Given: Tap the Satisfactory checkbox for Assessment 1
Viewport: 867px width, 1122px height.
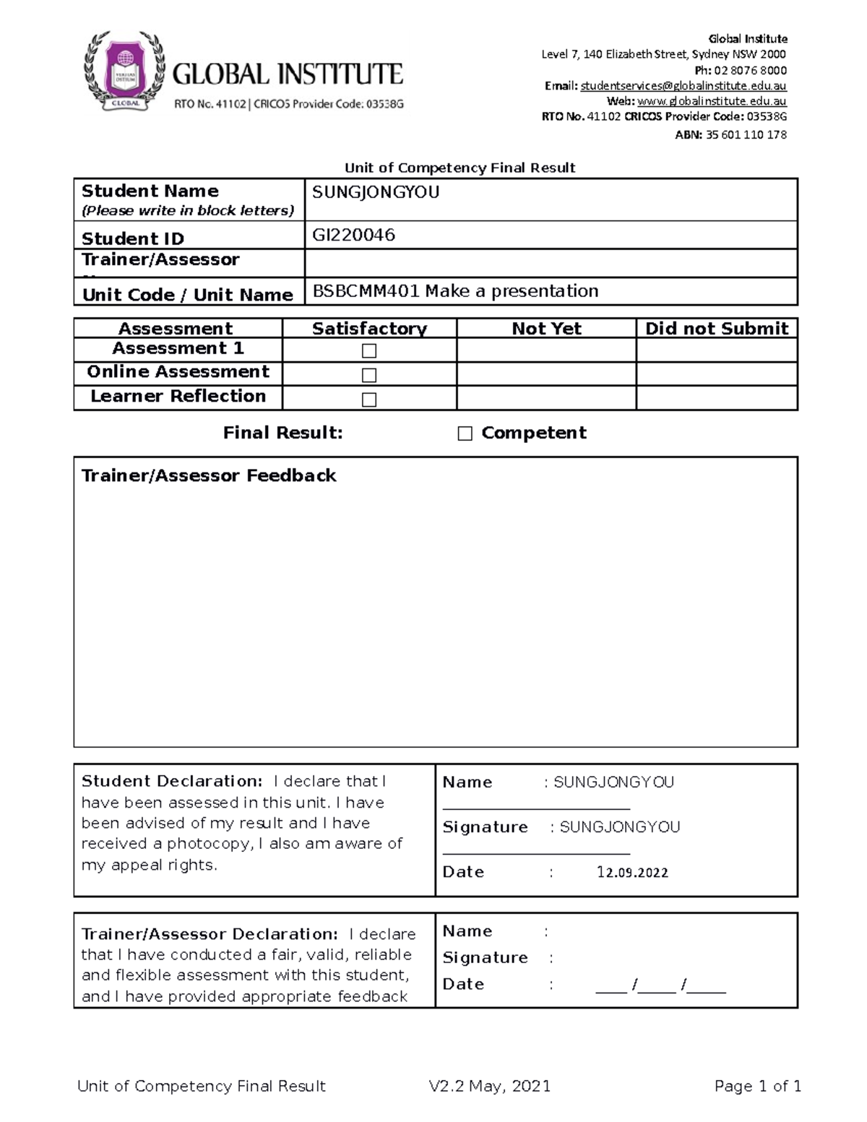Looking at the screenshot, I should tap(369, 351).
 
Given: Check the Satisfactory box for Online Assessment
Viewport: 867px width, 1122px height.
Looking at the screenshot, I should tap(369, 375).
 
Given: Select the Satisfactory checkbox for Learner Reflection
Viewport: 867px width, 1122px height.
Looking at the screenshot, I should tap(369, 400).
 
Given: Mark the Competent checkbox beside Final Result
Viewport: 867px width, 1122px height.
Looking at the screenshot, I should tap(465, 433).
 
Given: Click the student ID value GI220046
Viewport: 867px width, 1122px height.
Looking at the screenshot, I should tap(353, 235).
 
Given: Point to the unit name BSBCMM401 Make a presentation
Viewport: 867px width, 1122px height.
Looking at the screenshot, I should tap(455, 291).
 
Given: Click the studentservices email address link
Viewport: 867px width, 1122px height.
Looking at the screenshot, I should tap(683, 86).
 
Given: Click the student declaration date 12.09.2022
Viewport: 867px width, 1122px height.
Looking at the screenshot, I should tap(632, 872).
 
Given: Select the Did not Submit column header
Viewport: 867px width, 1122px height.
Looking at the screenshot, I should tap(716, 329).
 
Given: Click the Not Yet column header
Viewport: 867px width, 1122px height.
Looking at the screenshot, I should tap(546, 329).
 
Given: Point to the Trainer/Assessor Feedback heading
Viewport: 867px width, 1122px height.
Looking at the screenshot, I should tap(209, 475).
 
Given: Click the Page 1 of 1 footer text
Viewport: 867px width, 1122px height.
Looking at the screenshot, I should tap(757, 1086).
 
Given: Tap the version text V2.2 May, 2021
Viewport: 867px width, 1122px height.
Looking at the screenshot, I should tap(489, 1086).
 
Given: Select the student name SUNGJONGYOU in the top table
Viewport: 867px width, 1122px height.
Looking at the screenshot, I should tap(375, 192).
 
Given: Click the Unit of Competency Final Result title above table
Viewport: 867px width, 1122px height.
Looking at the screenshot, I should tap(460, 168).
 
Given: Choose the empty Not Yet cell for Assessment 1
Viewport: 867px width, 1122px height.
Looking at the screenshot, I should tap(546, 350).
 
